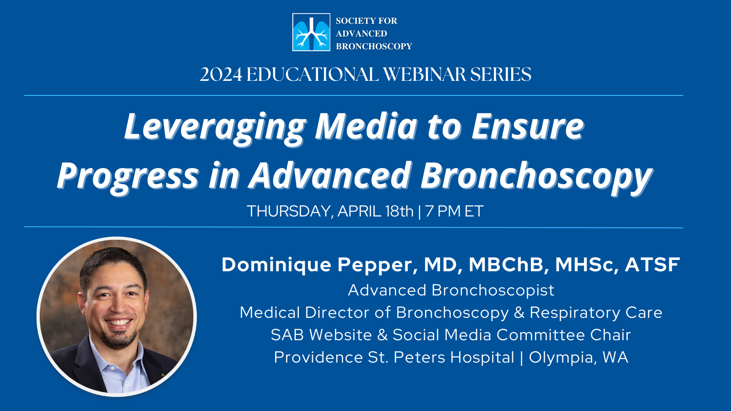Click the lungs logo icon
(x=311, y=32)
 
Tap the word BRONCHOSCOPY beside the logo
(x=374, y=46)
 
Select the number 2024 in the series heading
(x=221, y=74)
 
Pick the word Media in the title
(x=366, y=126)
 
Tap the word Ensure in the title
(x=528, y=126)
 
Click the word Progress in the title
(x=128, y=177)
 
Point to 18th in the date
(x=399, y=211)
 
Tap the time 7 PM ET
(x=454, y=211)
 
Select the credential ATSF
(x=652, y=264)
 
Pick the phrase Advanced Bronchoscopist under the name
(x=451, y=290)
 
